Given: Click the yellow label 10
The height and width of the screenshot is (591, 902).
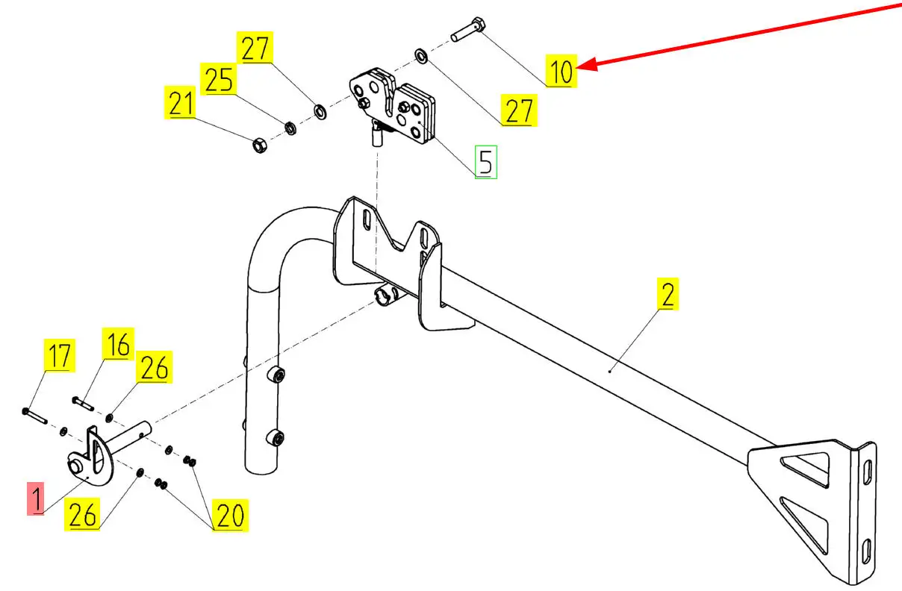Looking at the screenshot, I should tap(561, 72).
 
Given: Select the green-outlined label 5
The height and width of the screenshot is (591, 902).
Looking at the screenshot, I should tap(486, 162).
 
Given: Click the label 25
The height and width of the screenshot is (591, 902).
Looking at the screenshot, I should tap(219, 80).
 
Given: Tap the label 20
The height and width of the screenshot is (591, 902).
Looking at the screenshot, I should tap(230, 515).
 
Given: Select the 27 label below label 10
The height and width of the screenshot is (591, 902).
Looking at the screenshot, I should tap(518, 110).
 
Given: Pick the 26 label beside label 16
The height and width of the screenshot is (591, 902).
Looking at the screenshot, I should tap(154, 368).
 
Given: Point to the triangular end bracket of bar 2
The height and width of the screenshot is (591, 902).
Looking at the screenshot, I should tap(814, 507).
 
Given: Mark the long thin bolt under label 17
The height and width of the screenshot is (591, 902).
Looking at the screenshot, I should tap(35, 416).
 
